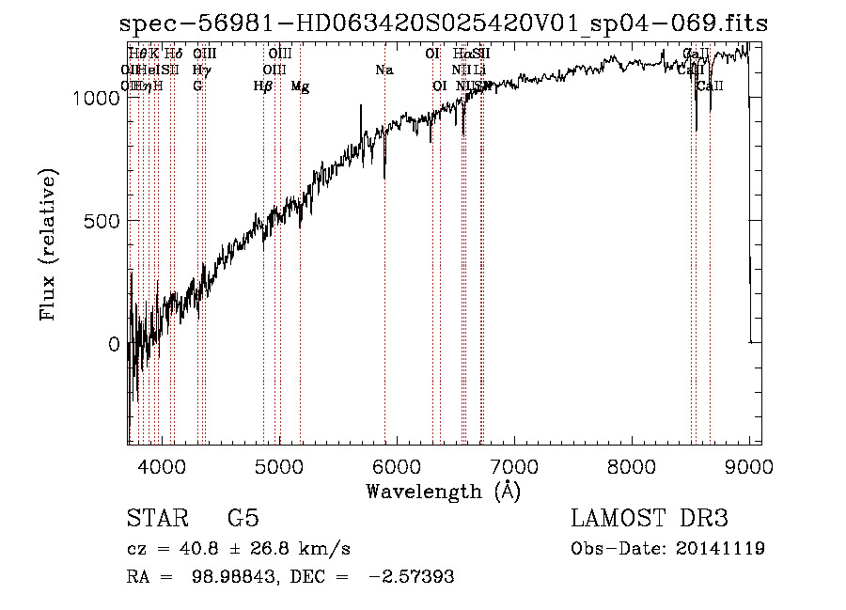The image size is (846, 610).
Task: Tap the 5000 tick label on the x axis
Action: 279,465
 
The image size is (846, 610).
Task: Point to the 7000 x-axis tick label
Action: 514,465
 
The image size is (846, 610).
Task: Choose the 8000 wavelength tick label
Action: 632,465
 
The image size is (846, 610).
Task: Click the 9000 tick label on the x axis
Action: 749,465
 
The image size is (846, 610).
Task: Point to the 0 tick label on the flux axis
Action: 114,345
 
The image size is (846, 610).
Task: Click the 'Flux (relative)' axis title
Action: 48,244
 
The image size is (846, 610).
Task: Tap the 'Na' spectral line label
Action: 384,70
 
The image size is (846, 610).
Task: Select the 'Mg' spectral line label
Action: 300,86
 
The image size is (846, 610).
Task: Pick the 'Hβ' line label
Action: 263,86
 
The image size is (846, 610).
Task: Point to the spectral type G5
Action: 243,519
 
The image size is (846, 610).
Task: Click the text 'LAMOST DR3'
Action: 650,519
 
